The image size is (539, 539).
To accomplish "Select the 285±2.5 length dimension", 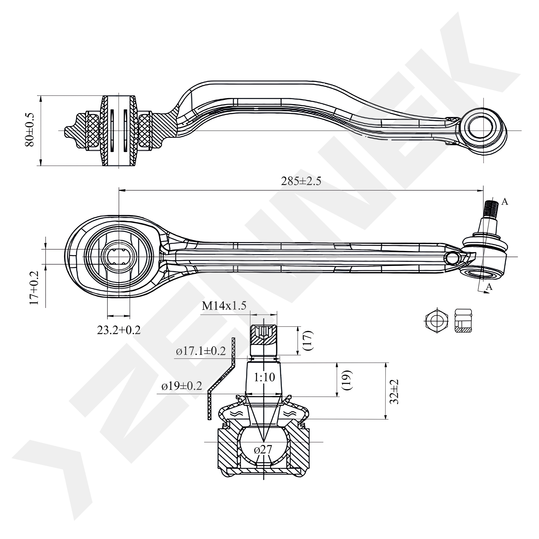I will click(301, 181).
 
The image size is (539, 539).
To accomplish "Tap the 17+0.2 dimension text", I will click(35, 288).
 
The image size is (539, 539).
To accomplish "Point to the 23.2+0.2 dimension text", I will click(119, 330).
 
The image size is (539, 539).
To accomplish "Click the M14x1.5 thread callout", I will click(224, 306).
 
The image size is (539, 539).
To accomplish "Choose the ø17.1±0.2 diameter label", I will click(201, 351).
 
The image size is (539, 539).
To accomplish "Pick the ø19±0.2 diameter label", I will click(182, 386).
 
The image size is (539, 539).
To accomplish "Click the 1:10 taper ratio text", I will click(264, 378).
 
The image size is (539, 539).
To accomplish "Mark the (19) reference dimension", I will click(347, 380).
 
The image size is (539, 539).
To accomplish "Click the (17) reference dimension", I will click(308, 341).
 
